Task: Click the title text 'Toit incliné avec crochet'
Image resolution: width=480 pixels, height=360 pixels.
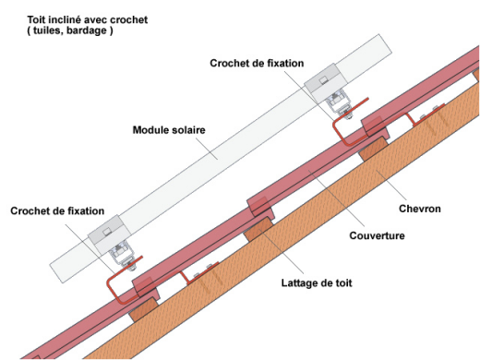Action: click(x=88, y=19)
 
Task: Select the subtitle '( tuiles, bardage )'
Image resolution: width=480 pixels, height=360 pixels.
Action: click(x=70, y=30)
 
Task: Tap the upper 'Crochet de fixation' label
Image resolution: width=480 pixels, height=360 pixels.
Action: click(x=257, y=63)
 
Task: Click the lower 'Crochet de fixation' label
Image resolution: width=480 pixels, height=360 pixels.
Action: click(x=57, y=210)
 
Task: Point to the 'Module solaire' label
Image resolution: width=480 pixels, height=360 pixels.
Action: click(x=169, y=130)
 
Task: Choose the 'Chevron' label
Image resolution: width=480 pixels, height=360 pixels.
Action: click(x=420, y=209)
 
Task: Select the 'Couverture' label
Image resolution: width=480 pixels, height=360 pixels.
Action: click(x=377, y=235)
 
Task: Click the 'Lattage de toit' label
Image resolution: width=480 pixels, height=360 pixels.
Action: click(x=317, y=282)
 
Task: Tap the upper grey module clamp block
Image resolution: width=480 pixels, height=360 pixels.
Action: click(x=326, y=82)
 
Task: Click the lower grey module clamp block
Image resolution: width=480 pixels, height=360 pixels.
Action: click(x=109, y=234)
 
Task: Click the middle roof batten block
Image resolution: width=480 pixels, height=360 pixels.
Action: click(x=258, y=229)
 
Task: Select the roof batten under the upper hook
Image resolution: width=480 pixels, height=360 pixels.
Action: click(x=374, y=149)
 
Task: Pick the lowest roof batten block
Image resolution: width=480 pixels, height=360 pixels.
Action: click(x=144, y=309)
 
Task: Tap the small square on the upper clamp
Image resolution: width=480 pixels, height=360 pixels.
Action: click(x=323, y=80)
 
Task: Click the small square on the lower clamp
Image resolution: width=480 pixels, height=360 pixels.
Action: click(x=107, y=232)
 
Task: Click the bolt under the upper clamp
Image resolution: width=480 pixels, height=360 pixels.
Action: click(x=348, y=116)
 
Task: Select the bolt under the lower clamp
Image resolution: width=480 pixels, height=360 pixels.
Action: click(x=132, y=269)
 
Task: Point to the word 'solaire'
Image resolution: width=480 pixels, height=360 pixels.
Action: click(x=187, y=130)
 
